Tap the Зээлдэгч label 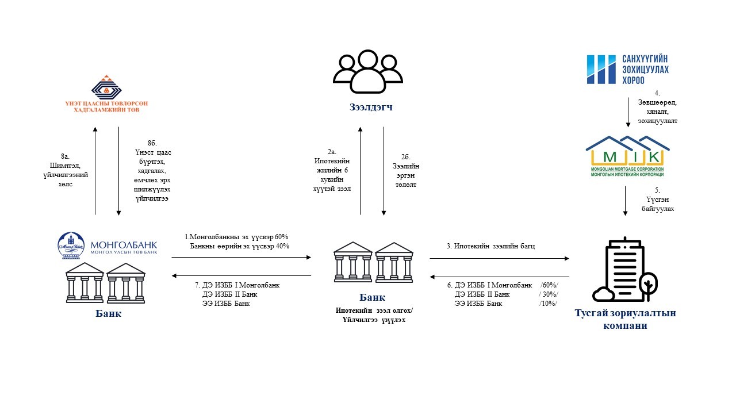coord(371,106)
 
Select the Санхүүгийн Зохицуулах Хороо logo coord(627,69)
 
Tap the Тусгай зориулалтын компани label coord(625,319)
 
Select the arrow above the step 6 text coord(500,276)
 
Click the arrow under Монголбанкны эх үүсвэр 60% coord(241,258)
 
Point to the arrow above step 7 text coord(241,276)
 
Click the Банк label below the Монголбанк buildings coord(108,314)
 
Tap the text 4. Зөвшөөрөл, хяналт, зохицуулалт coord(657,107)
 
